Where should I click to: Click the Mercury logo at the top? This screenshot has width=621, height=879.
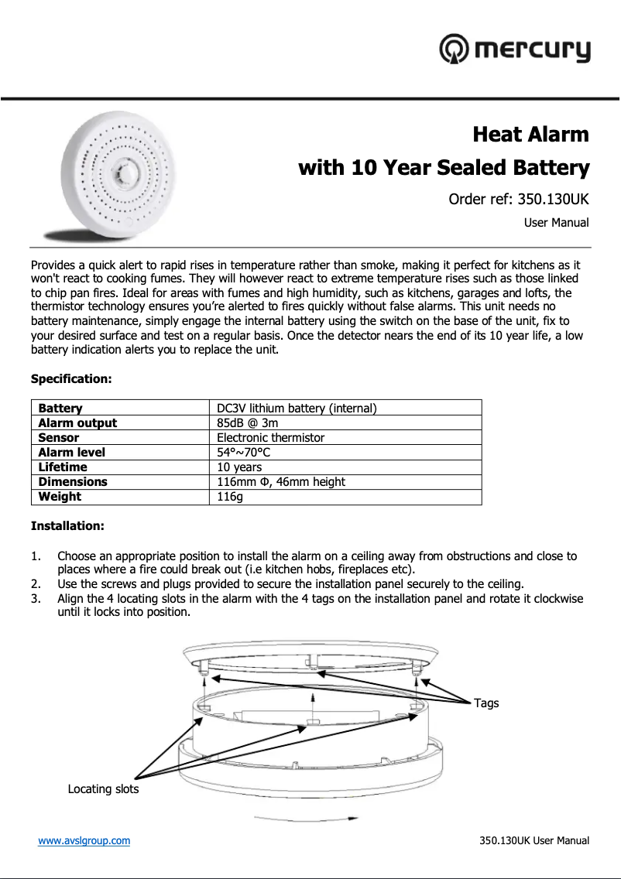[515, 50]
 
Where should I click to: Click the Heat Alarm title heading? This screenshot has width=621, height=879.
[530, 135]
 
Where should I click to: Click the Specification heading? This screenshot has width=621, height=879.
[71, 379]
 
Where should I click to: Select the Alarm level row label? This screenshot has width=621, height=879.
[72, 452]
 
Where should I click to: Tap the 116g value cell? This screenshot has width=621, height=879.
[230, 497]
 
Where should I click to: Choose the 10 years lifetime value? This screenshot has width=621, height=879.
[239, 467]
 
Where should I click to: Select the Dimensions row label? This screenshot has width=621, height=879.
[73, 481]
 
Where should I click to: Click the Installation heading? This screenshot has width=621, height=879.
[67, 526]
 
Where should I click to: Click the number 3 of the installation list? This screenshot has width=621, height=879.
[35, 599]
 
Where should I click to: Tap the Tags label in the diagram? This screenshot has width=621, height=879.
[486, 703]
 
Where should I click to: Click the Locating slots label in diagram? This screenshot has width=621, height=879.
[103, 789]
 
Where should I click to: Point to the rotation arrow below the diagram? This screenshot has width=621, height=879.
[307, 818]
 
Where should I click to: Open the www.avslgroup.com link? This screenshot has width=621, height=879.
[84, 840]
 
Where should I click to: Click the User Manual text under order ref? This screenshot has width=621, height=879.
[556, 223]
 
